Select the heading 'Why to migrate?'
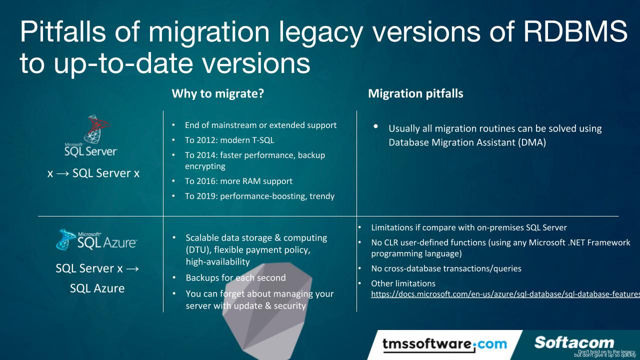(217, 93)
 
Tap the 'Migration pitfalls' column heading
(415, 93)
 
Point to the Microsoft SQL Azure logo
(96, 239)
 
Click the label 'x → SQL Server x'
(93, 173)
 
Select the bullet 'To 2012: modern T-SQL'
(229, 140)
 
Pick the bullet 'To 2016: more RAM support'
(238, 181)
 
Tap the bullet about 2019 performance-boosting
(259, 196)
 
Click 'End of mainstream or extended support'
(260, 125)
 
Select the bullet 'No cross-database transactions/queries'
(446, 268)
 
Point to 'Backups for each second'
(235, 277)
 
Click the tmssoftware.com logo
(444, 344)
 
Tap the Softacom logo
(573, 342)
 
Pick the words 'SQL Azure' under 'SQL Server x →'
(97, 288)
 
